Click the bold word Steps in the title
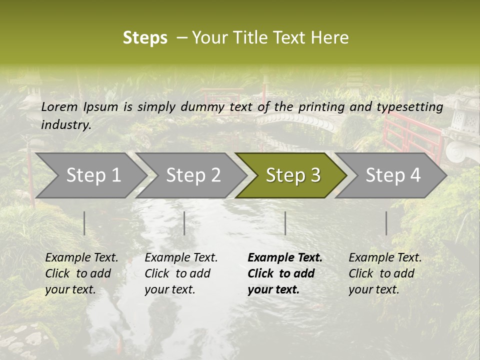[145, 38]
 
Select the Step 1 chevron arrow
[90, 175]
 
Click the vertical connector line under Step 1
[84, 223]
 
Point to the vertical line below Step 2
[184, 223]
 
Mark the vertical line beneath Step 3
[285, 223]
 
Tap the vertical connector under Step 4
[386, 223]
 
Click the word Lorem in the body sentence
[59, 107]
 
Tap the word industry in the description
[65, 125]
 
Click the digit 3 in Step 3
[315, 175]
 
